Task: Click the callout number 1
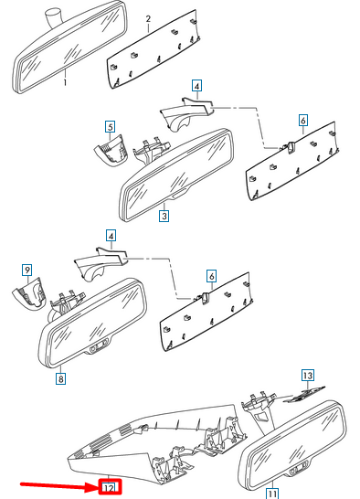pyautogui.click(x=65, y=83)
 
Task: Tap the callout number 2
pyautogui.click(x=148, y=19)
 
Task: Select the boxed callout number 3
pyautogui.click(x=164, y=216)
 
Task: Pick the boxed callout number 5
pyautogui.click(x=111, y=127)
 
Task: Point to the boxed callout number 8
pyautogui.click(x=60, y=378)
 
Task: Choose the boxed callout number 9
pyautogui.click(x=27, y=271)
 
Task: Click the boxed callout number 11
pyautogui.click(x=271, y=494)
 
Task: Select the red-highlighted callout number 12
pyautogui.click(x=110, y=487)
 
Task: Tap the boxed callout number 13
pyautogui.click(x=308, y=376)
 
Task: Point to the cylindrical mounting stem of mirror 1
pyautogui.click(x=52, y=18)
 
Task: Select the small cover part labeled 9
pyautogui.click(x=29, y=293)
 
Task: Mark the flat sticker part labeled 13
pyautogui.click(x=304, y=395)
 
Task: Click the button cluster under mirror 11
pyautogui.click(x=298, y=469)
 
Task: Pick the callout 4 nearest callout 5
pyautogui.click(x=197, y=86)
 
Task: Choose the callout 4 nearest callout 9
pyautogui.click(x=111, y=236)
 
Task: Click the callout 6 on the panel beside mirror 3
pyautogui.click(x=303, y=121)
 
